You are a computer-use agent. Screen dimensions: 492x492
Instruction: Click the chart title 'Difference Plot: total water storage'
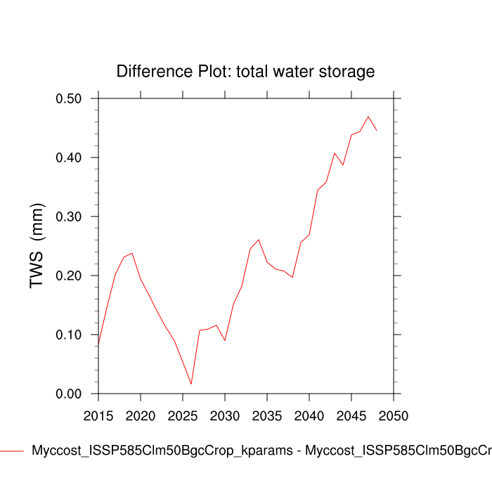pyautogui.click(x=245, y=72)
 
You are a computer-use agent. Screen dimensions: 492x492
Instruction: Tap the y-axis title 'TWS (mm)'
pyautogui.click(x=37, y=246)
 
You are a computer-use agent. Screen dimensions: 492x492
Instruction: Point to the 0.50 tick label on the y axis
pyautogui.click(x=68, y=98)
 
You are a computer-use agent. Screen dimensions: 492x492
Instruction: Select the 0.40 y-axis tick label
pyautogui.click(x=68, y=157)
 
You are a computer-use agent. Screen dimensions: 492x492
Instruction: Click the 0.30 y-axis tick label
pyautogui.click(x=68, y=216)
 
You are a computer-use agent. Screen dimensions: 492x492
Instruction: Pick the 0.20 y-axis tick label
pyautogui.click(x=68, y=276)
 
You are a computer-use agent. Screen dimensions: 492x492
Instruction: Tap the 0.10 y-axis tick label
pyautogui.click(x=68, y=335)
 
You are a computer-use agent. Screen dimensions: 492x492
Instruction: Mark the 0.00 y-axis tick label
pyautogui.click(x=68, y=394)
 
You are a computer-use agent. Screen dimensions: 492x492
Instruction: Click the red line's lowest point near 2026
pyautogui.click(x=191, y=384)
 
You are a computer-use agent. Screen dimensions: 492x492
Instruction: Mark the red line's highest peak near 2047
pyautogui.click(x=368, y=117)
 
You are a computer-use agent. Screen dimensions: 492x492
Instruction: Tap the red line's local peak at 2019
pyautogui.click(x=132, y=253)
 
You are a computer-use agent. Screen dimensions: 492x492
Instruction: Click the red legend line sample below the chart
pyautogui.click(x=11, y=451)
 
